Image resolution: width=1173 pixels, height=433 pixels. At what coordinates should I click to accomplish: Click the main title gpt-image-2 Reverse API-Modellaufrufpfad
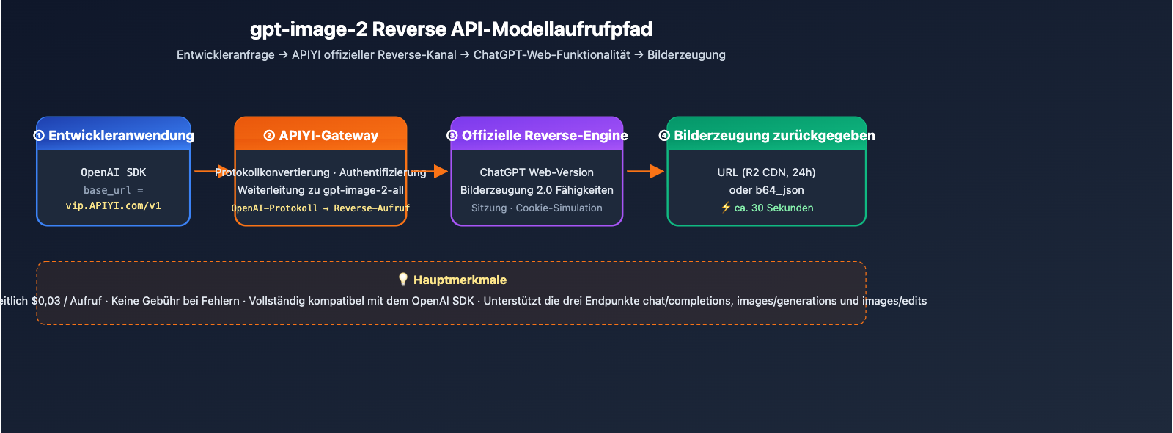tap(451, 29)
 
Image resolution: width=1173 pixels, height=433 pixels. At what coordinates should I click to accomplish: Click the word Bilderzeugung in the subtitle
tap(686, 55)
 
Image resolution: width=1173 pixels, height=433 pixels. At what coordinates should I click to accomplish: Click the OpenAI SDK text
tap(114, 172)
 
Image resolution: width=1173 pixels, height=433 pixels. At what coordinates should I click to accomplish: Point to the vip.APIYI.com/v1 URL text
tap(114, 206)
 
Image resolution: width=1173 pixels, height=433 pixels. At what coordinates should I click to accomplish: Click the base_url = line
tap(114, 190)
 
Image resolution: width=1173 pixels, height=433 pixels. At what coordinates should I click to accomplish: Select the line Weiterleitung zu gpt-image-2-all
tap(320, 190)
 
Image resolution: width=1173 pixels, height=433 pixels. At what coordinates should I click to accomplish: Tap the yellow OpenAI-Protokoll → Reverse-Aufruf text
tap(320, 208)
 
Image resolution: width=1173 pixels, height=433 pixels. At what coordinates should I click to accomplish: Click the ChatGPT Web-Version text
tap(537, 172)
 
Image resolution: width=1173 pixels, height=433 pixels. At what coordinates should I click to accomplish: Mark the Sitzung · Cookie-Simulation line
tap(537, 208)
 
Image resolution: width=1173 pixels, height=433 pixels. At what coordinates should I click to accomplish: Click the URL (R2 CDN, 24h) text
tap(766, 172)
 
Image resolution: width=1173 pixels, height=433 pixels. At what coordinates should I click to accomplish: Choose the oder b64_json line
tap(766, 190)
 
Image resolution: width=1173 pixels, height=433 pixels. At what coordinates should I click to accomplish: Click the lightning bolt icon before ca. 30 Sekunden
tap(726, 208)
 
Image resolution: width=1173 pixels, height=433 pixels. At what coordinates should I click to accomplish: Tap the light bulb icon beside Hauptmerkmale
tap(402, 280)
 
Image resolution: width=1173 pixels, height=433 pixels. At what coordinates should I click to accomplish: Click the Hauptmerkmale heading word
tap(460, 280)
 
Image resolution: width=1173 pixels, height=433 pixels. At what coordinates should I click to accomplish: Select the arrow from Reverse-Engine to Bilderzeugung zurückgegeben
tap(645, 171)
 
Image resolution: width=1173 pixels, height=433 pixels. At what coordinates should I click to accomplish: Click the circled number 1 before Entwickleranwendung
tap(39, 136)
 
